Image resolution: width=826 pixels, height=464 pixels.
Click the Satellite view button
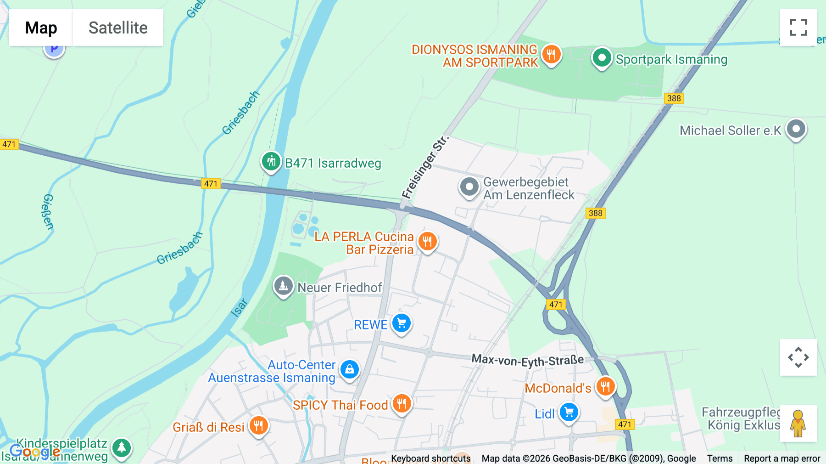(x=118, y=28)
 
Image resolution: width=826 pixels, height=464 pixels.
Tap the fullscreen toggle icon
(x=798, y=28)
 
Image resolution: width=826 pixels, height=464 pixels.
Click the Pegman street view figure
(x=798, y=423)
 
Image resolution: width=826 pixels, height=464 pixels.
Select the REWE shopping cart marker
(x=402, y=323)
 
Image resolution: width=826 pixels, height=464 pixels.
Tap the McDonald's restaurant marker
(x=605, y=387)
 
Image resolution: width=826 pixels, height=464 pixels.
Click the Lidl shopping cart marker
(x=569, y=412)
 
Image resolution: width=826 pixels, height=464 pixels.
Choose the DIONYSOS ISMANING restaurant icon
(x=551, y=55)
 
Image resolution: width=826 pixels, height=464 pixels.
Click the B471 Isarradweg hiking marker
(x=271, y=162)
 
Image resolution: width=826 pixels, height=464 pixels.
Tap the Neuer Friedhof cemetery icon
(x=284, y=286)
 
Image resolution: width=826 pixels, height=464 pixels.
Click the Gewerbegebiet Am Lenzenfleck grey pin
(x=469, y=187)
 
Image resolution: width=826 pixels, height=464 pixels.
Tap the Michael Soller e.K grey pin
(x=796, y=129)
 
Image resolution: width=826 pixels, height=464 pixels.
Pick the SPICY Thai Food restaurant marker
(x=402, y=404)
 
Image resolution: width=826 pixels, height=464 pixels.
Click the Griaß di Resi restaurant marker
(x=258, y=426)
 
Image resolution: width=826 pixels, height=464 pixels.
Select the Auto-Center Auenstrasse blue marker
(x=350, y=369)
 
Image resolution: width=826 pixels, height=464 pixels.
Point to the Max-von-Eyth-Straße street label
(x=528, y=361)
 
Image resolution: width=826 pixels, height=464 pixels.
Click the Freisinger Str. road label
(x=424, y=167)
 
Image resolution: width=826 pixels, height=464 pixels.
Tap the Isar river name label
(x=239, y=308)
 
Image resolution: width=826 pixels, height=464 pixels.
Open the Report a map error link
(x=782, y=458)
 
